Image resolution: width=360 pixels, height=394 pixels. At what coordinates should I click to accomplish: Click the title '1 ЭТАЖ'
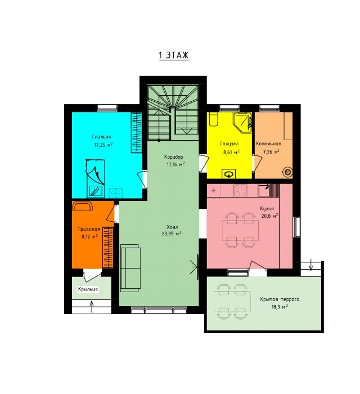coord(173,55)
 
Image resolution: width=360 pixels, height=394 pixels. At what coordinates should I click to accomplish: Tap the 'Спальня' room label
coord(101,137)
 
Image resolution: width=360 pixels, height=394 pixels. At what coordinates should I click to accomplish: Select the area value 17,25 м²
coord(103,145)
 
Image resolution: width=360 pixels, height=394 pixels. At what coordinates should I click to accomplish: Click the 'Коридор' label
coord(173,157)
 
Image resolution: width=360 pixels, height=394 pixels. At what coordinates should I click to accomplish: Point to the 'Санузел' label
coord(229,144)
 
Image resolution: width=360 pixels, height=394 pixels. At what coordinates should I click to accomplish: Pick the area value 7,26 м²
coord(271,152)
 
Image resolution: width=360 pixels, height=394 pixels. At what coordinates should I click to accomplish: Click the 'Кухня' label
coord(267,208)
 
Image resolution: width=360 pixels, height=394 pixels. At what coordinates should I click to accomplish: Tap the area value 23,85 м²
coord(172,234)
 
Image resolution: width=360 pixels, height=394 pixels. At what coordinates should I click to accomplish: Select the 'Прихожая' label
coord(89,229)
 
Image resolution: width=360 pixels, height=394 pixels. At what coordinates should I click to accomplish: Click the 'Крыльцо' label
coord(88,289)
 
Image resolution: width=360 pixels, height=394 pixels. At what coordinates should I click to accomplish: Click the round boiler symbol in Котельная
coord(287,172)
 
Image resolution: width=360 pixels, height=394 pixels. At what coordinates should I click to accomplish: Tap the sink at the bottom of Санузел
coord(229,174)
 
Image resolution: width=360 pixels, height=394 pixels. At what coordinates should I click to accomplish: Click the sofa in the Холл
coord(130,268)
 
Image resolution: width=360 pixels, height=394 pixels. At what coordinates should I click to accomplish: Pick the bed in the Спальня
coord(95,178)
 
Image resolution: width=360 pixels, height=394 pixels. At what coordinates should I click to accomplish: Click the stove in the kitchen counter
coord(240,190)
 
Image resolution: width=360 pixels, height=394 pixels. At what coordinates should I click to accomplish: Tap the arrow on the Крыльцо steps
coord(92,307)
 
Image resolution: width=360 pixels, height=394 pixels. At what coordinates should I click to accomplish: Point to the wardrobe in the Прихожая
coord(108,247)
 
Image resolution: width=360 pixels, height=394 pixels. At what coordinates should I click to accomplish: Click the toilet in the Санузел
coord(214,119)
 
